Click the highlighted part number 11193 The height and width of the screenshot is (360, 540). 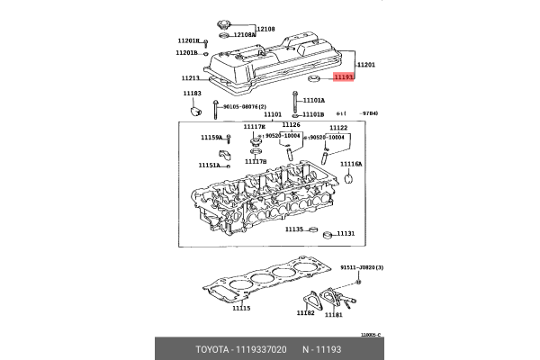[345, 78]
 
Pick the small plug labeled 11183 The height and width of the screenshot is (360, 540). [193, 112]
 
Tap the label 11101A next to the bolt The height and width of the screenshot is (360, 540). [314, 100]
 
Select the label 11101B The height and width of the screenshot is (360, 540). [313, 114]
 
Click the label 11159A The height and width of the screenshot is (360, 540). [211, 138]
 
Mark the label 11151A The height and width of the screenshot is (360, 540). [209, 165]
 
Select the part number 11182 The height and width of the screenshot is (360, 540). [306, 313]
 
